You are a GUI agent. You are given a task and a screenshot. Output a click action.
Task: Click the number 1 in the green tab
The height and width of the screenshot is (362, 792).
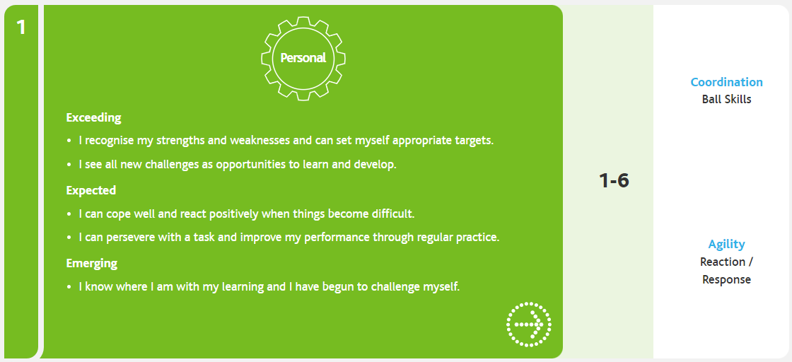(x=21, y=28)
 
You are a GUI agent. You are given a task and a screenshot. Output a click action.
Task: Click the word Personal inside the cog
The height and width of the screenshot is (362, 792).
(x=303, y=58)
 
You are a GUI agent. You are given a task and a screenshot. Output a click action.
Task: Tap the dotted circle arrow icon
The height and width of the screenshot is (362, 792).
(x=529, y=324)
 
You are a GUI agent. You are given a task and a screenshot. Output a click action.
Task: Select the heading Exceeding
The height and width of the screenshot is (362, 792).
(x=94, y=118)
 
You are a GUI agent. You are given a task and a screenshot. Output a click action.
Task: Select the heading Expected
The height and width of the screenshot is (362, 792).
(x=91, y=190)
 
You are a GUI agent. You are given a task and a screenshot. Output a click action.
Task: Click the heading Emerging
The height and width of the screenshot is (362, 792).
(x=92, y=263)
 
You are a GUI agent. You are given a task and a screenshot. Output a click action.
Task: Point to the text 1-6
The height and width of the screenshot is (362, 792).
(x=615, y=181)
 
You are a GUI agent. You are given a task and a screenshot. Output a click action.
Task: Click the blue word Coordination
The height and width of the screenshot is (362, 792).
(x=726, y=82)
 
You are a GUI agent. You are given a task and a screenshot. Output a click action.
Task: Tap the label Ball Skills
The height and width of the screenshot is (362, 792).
(x=726, y=99)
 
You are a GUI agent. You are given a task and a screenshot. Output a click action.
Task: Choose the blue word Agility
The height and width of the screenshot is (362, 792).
(x=726, y=245)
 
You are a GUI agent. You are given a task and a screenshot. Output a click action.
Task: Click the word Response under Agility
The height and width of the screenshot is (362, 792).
(x=726, y=279)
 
